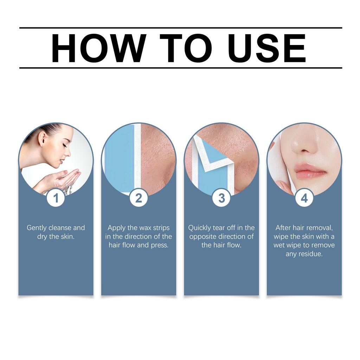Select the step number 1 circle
click(56, 198)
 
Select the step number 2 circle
click(139, 198)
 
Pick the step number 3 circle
click(221, 198)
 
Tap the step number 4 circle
click(304, 198)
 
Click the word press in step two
click(160, 245)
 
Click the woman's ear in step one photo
click(41, 138)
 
